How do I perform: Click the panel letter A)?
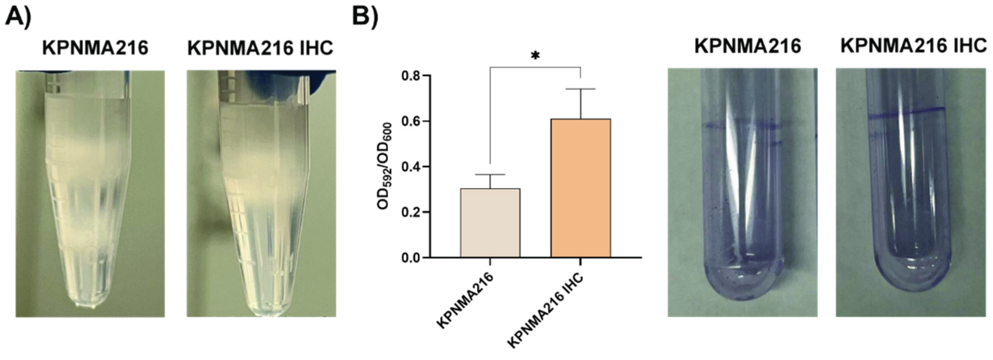[17, 17]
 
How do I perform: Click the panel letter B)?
[365, 17]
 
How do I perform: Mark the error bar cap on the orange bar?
[580, 89]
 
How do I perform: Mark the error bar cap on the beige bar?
[490, 175]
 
